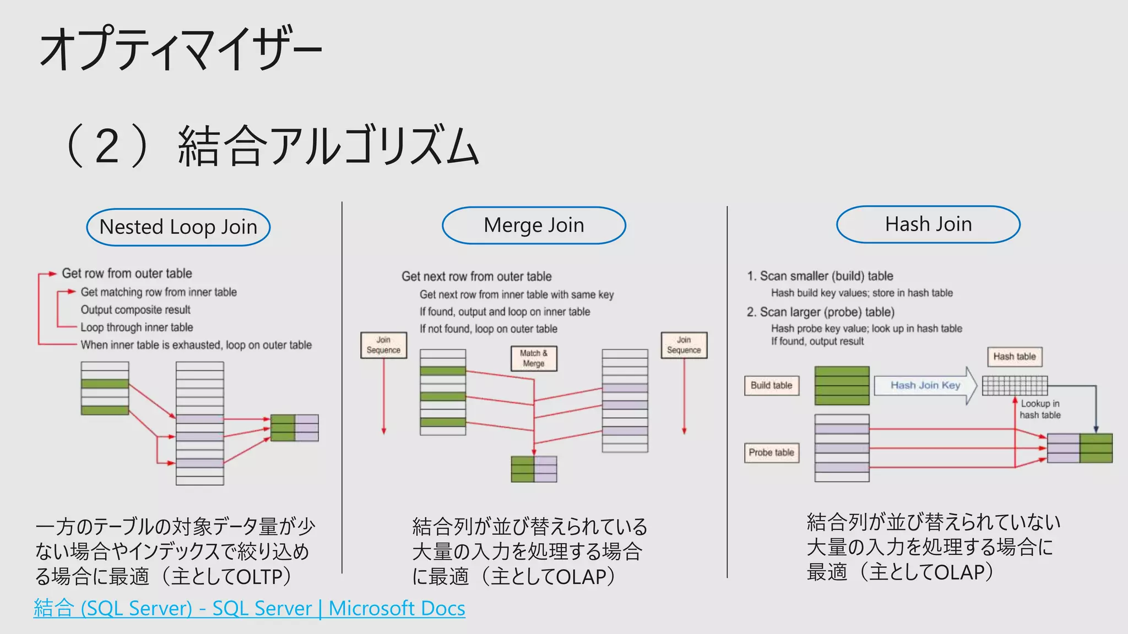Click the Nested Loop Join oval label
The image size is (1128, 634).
(178, 227)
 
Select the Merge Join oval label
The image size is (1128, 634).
(534, 225)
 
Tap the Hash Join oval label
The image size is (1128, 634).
(928, 224)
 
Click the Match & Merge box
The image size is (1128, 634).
(534, 358)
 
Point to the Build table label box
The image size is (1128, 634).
(771, 385)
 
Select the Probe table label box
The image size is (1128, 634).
(771, 452)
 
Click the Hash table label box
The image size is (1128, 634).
(1014, 357)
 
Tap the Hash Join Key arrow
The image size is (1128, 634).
(925, 385)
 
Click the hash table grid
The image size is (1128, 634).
(1015, 385)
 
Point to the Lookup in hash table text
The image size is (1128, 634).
(1039, 409)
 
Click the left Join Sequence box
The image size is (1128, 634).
(383, 345)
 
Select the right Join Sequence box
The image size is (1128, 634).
(684, 345)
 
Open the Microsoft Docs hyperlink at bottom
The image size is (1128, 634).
(249, 608)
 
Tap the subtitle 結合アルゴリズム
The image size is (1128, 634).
(328, 145)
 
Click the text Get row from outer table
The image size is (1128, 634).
(127, 274)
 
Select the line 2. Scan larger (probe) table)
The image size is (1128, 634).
(820, 312)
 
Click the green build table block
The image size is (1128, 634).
(842, 385)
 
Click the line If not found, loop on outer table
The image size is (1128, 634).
(488, 329)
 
